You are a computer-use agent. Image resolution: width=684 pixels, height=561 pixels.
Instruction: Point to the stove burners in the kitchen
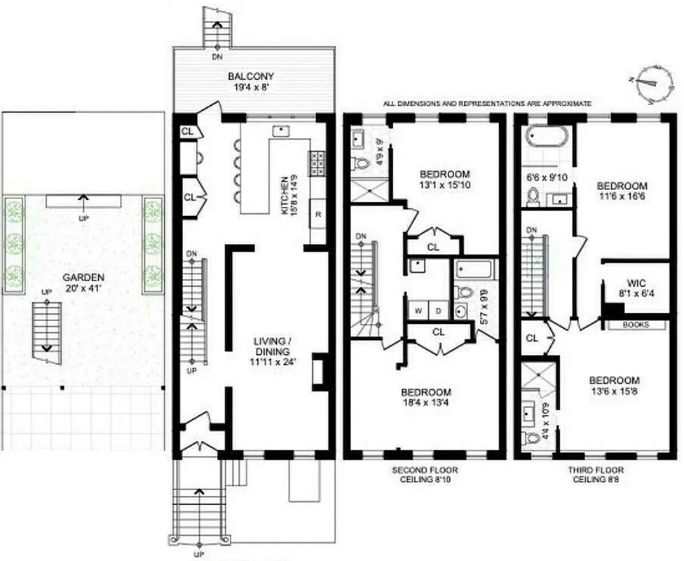tap(315, 163)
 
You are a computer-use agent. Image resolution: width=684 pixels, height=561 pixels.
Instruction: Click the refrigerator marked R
tap(317, 215)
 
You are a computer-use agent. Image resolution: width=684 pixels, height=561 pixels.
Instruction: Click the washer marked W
tap(418, 309)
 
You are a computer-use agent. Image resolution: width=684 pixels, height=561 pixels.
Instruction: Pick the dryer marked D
tap(438, 309)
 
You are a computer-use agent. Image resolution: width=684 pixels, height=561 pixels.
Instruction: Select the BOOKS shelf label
tap(636, 325)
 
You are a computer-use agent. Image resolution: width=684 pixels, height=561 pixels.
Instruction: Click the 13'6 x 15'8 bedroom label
tap(618, 385)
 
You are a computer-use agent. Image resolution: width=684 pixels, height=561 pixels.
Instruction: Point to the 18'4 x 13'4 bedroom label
tap(426, 398)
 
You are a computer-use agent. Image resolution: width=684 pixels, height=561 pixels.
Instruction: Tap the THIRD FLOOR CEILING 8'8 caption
tap(596, 475)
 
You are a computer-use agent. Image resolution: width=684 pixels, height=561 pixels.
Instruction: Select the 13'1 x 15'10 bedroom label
tap(444, 180)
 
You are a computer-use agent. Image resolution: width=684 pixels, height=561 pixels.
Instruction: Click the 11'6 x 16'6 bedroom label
tap(622, 191)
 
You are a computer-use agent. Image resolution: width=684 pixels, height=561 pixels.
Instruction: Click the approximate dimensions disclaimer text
tap(487, 104)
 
